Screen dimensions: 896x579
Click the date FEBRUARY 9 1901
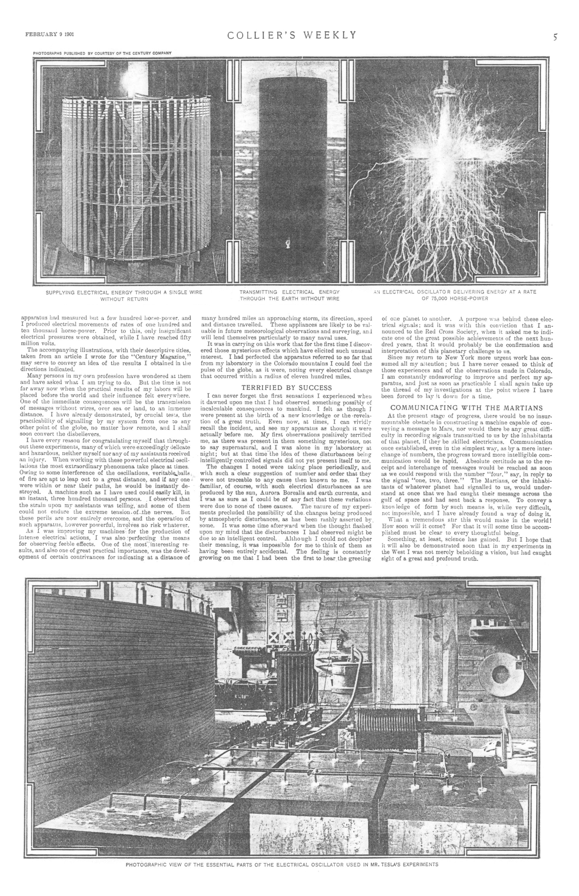coord(49,34)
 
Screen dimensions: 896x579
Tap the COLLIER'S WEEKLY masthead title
coord(292,35)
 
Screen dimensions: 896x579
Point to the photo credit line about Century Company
coord(102,53)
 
